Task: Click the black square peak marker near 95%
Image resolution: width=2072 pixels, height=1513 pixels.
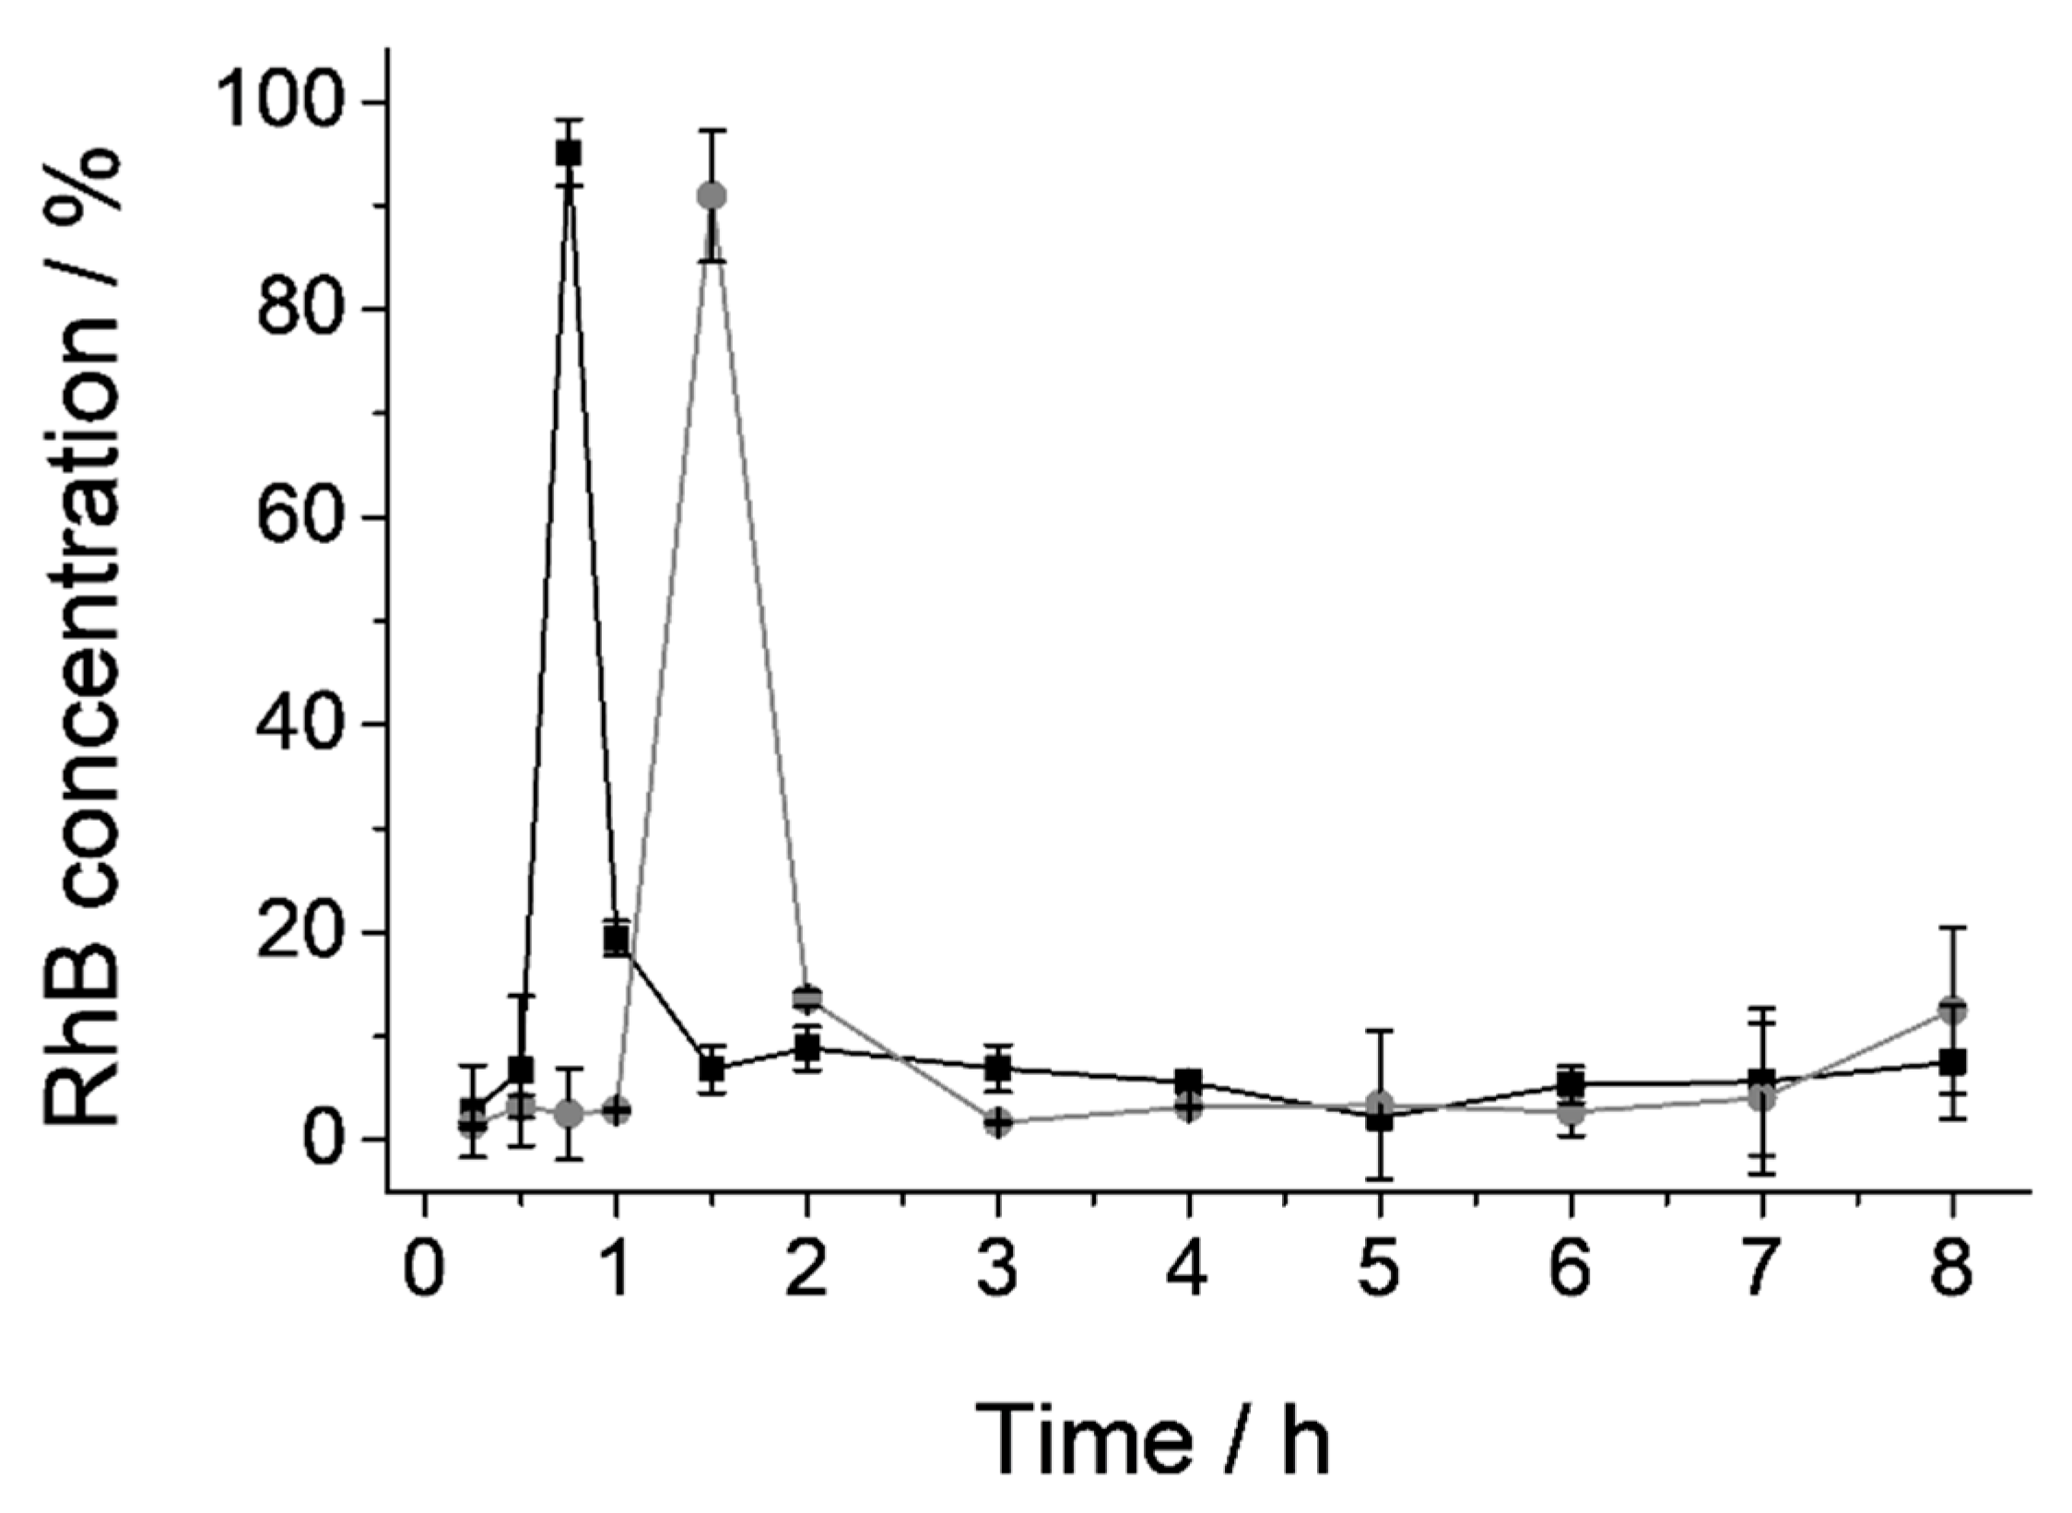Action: (x=568, y=153)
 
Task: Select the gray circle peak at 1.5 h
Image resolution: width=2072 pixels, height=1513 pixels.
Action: (x=712, y=195)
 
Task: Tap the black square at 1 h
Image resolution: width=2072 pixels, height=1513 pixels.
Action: (x=617, y=940)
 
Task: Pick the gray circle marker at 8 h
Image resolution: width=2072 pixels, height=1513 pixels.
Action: (x=1951, y=1010)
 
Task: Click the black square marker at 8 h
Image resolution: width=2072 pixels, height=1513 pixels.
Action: (x=1951, y=1062)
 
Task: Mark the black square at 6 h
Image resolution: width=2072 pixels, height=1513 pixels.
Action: (x=1571, y=1084)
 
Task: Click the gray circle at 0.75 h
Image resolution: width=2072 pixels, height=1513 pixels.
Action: (x=569, y=1114)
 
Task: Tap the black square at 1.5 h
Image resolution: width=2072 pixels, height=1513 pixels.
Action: (x=712, y=1070)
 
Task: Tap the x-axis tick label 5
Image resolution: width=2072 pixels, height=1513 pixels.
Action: (x=1380, y=1270)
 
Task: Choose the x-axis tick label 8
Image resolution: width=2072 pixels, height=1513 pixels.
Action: (x=1951, y=1270)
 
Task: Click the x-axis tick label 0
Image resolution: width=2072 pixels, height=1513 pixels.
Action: (x=425, y=1270)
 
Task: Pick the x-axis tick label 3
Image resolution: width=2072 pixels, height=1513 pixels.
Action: (x=997, y=1270)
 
